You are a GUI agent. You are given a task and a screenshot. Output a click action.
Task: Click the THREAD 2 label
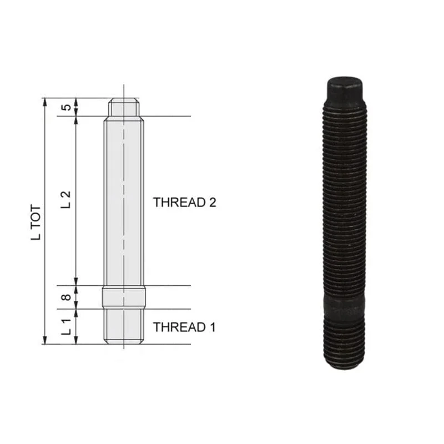click(184, 203)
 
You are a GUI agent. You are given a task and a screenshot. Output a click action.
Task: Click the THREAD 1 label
click(184, 327)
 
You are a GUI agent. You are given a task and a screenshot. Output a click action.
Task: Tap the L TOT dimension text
click(36, 223)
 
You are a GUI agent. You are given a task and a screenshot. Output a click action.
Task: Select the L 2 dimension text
click(65, 200)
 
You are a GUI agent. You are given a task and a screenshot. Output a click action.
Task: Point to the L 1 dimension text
click(65, 326)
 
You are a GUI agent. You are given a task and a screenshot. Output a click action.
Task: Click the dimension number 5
click(66, 108)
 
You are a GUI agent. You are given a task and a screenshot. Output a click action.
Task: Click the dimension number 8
click(66, 297)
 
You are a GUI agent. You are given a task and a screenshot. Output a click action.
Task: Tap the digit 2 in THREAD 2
click(213, 203)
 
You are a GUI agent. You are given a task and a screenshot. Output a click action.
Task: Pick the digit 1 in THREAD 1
click(213, 327)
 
